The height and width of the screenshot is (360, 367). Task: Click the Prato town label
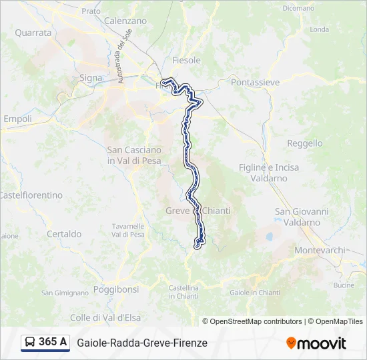coord(91,11)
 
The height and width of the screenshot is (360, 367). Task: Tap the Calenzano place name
coord(125,21)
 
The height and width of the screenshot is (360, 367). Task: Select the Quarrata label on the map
coord(33,32)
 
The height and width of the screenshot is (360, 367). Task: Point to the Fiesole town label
coord(186,60)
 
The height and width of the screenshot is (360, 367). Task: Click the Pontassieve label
coord(255,82)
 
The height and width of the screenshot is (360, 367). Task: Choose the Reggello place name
coord(304,143)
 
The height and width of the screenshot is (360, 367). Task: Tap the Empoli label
coord(17,119)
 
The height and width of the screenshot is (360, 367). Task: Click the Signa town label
coord(91,78)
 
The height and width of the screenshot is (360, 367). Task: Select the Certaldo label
coord(64,234)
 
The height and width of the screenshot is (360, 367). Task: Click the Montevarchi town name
coord(320,250)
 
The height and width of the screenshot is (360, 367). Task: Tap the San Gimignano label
coord(65,293)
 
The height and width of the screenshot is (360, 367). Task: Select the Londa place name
coord(320,29)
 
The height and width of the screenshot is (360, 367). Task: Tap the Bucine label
coord(344,285)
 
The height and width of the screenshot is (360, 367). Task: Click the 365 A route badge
coord(46,342)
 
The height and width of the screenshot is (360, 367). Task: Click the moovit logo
coord(316,343)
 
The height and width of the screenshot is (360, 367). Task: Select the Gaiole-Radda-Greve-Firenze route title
coord(142,343)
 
